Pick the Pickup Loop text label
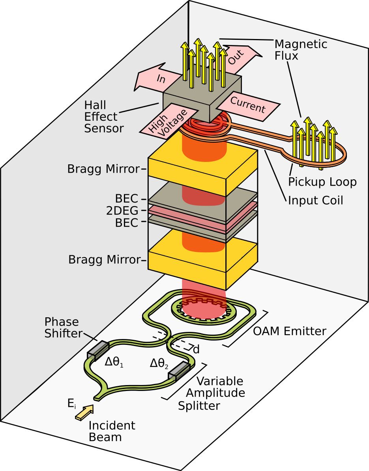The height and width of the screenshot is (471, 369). pyautogui.click(x=322, y=182)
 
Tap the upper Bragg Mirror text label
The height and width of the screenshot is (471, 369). pyautogui.click(x=103, y=169)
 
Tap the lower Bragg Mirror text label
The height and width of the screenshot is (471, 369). pyautogui.click(x=105, y=260)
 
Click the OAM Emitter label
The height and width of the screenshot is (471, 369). pyautogui.click(x=290, y=331)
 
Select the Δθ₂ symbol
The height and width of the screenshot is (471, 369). pyautogui.click(x=159, y=364)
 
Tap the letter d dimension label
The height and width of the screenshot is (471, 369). pyautogui.click(x=196, y=349)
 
